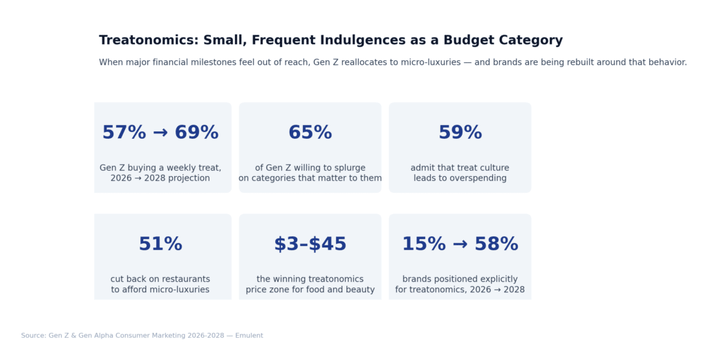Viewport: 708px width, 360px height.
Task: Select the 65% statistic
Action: [x=310, y=133]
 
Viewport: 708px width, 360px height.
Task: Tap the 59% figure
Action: [x=460, y=133]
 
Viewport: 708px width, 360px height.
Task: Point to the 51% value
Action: [x=160, y=245]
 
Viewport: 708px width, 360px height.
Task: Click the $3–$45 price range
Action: [x=310, y=245]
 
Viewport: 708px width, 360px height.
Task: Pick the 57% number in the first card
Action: [x=124, y=133]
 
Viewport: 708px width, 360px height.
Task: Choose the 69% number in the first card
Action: [x=196, y=133]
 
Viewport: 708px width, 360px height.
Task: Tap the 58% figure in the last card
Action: [x=496, y=245]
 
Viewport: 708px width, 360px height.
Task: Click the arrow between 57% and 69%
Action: [x=160, y=133]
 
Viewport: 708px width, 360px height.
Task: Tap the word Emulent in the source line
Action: [x=250, y=336]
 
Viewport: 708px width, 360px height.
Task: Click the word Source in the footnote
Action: [x=33, y=336]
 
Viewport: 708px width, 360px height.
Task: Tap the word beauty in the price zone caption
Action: [x=359, y=290]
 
